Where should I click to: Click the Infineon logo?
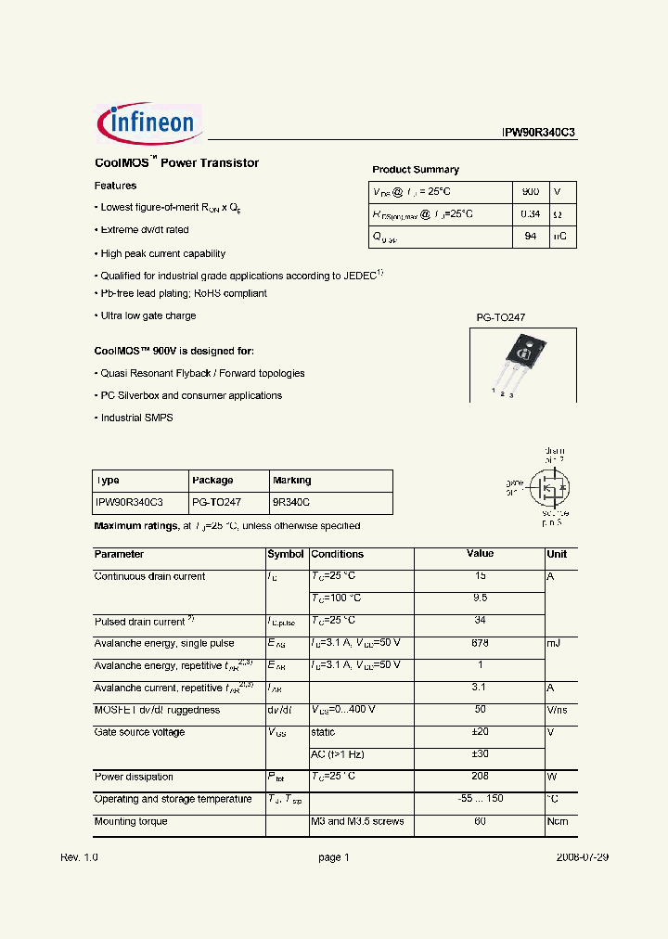(149, 124)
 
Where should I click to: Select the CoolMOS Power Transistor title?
(176, 163)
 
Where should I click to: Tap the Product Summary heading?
(416, 170)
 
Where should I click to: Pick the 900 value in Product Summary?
(530, 191)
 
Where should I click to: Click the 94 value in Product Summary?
(530, 237)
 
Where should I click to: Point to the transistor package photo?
(519, 363)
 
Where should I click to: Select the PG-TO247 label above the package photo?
(501, 317)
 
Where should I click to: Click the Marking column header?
(292, 481)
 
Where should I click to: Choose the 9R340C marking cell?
(291, 502)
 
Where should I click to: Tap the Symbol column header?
(286, 554)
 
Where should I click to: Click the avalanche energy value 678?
(480, 643)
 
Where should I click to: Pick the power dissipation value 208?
(480, 777)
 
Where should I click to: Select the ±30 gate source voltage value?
(480, 754)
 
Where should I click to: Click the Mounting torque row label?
(131, 821)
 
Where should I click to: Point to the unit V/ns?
(559, 710)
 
